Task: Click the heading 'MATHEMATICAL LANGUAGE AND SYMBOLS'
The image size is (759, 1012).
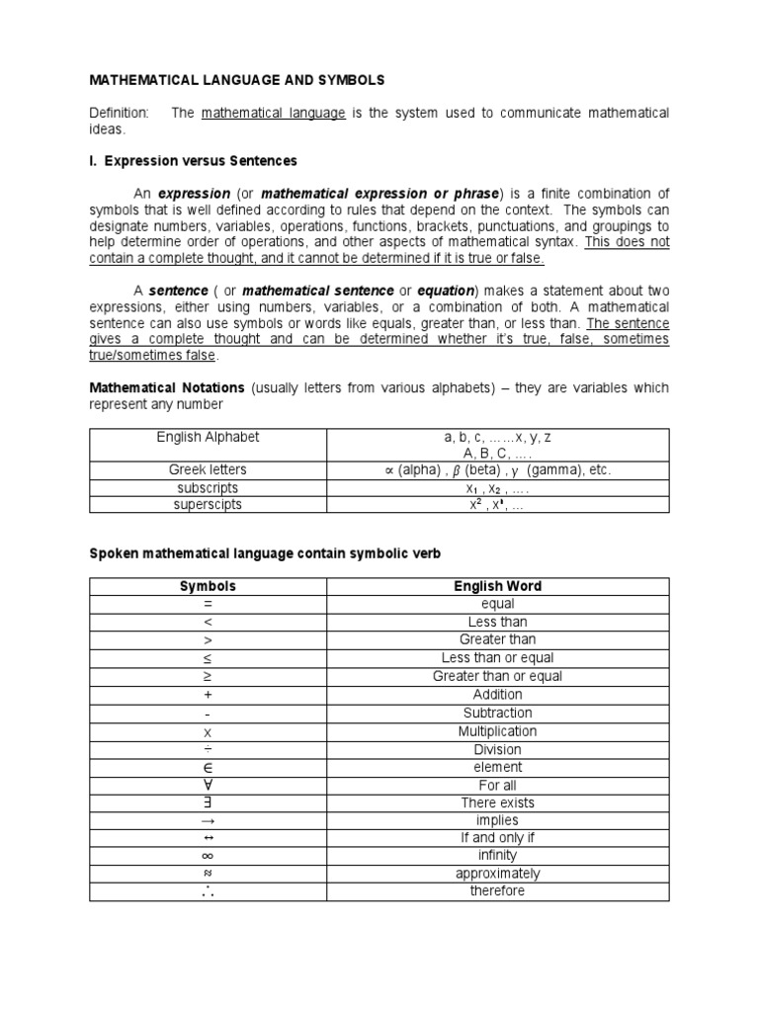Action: [x=238, y=79]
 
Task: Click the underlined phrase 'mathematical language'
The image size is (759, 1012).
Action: [x=273, y=114]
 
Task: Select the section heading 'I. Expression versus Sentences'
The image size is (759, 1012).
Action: [x=194, y=160]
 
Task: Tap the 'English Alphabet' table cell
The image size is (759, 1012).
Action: [x=208, y=437]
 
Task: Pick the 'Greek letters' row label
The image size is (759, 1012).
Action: [x=208, y=469]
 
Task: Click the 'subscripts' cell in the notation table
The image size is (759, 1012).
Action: [x=208, y=487]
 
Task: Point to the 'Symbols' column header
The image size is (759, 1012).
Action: [x=208, y=586]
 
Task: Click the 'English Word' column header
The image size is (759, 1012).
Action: [x=497, y=586]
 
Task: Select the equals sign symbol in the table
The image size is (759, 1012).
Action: [x=208, y=604]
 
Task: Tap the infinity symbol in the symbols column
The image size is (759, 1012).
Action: [x=208, y=856]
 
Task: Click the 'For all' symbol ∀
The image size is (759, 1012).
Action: [x=208, y=785]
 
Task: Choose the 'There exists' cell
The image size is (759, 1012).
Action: [x=497, y=802]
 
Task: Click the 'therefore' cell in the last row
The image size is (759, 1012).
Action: [x=497, y=891]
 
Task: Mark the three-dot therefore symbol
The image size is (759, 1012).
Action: [x=208, y=891]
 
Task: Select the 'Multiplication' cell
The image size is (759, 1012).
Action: [x=497, y=731]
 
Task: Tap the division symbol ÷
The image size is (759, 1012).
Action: [x=208, y=749]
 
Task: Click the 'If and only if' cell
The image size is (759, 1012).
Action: [x=497, y=838]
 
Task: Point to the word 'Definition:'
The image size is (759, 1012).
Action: [x=120, y=114]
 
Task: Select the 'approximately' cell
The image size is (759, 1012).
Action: [x=497, y=874]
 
